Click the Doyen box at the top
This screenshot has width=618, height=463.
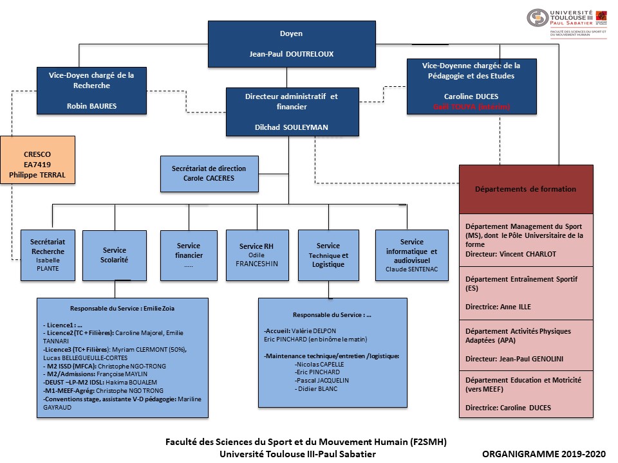[292, 44]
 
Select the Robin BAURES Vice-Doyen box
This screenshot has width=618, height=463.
[92, 91]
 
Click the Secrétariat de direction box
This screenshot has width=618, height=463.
[209, 173]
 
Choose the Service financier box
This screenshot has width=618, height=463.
[189, 255]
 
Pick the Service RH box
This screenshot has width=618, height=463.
[256, 255]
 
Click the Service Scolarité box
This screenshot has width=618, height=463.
[115, 255]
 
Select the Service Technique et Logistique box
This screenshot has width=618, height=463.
[328, 255]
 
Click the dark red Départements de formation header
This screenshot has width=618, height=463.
[525, 189]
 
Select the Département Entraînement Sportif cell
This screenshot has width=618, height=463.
[525, 294]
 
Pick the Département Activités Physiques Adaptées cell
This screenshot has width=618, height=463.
[525, 345]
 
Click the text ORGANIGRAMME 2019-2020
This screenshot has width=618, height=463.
[545, 453]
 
